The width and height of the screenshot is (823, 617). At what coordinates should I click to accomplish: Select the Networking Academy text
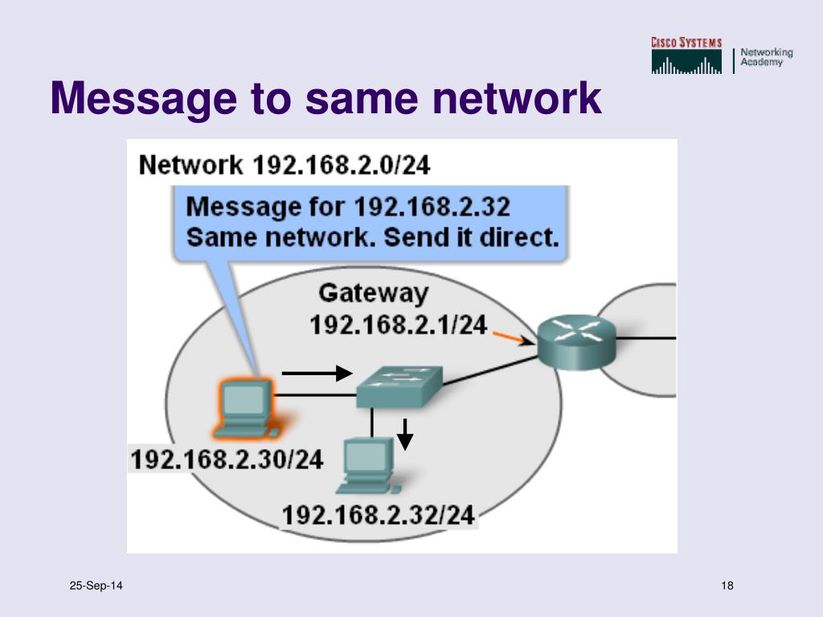coord(766,57)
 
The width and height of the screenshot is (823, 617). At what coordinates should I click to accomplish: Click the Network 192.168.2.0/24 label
coord(285,165)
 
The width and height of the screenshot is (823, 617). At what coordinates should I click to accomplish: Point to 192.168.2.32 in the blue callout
coord(432,207)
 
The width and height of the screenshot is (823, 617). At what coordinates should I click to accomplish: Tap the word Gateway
coord(373,293)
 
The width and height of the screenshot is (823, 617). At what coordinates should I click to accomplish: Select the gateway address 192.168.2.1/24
coord(399,325)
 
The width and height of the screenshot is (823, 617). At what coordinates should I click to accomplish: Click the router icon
coord(575,341)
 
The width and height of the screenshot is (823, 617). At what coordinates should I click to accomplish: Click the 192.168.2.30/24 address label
coord(227,460)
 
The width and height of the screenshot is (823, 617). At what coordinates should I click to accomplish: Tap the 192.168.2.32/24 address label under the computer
coord(379,515)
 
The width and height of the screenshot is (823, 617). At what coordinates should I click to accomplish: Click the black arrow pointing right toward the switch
coord(317,373)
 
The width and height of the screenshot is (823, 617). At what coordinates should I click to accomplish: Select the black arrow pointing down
coord(406,434)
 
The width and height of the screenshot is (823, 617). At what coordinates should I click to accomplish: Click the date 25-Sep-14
coord(96,586)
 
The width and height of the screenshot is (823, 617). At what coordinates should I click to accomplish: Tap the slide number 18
coord(727,586)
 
